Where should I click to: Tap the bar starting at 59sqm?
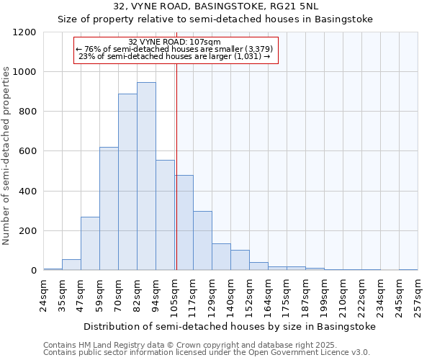point(109,209)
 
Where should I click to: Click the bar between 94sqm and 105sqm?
point(165,215)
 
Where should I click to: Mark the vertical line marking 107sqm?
point(176,166)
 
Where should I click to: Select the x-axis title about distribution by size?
point(229,326)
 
